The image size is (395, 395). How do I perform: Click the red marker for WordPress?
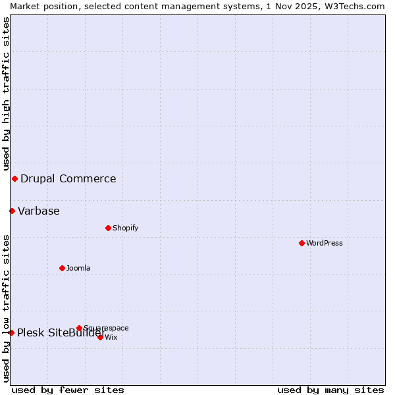coord(302,243)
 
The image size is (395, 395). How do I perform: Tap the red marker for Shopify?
coord(108,228)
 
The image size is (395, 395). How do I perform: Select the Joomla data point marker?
coord(62,268)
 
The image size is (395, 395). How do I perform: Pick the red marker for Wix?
coord(100,337)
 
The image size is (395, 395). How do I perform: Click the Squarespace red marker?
coord(79,328)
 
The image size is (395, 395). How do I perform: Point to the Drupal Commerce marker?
coord(14,178)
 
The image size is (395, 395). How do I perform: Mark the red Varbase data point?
coord(12,211)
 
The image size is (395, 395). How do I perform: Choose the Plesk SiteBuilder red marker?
coord(11,332)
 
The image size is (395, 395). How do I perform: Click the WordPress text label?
coord(325,243)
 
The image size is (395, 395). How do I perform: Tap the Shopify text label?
coord(125,228)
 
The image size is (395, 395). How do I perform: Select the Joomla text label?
coord(78,268)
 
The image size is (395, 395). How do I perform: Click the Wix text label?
coord(111,337)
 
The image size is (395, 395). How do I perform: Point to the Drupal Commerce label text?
coord(68,178)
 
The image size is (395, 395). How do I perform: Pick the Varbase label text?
coord(39,211)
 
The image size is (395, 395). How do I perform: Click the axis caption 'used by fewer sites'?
coord(68,390)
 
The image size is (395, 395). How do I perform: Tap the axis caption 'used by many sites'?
coord(330,390)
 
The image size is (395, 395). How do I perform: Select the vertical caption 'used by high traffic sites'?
coord(6,93)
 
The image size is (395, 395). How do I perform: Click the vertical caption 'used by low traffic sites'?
coord(6,307)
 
